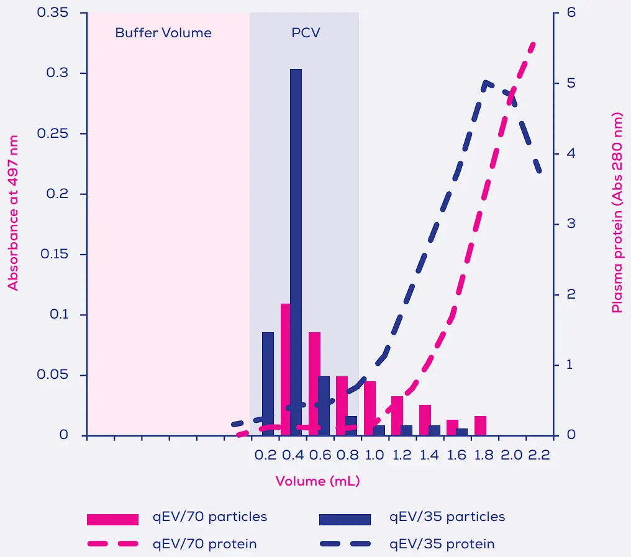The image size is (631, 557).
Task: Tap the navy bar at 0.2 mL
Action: (268, 384)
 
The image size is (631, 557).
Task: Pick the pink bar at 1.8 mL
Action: (480, 425)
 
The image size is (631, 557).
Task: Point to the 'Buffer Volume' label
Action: (163, 33)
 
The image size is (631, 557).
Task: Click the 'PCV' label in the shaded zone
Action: (306, 33)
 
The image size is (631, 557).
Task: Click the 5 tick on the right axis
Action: (570, 83)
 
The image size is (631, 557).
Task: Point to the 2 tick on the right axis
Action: (570, 294)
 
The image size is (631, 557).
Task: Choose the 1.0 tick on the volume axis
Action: (375, 455)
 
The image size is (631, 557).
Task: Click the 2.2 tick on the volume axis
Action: (539, 455)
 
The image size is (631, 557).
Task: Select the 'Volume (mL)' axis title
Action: (317, 481)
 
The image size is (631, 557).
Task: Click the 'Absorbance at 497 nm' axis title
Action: (13, 214)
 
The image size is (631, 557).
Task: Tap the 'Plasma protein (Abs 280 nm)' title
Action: (617, 212)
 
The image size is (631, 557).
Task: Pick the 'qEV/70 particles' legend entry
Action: (210, 517)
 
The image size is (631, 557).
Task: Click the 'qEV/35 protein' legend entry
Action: (442, 545)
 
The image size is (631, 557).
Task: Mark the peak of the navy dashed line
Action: (486, 81)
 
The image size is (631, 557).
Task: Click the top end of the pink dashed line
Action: (533, 44)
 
